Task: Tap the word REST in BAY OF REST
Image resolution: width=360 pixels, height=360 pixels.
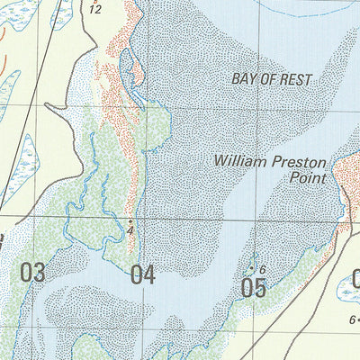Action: tap(295, 80)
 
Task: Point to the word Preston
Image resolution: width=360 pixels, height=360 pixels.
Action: tap(293, 161)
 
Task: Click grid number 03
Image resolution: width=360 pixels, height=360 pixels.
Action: tap(32, 273)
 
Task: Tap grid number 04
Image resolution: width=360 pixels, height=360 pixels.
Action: tap(142, 274)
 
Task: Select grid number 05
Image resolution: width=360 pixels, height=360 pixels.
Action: tap(255, 288)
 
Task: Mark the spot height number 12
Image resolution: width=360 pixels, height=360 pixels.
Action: tap(95, 9)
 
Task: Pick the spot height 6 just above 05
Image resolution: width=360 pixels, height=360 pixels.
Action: tap(262, 270)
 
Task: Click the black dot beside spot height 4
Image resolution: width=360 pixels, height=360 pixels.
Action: tap(131, 220)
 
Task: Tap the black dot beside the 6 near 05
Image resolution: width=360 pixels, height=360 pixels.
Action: tap(251, 267)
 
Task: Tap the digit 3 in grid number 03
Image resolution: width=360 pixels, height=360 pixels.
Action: tap(39, 273)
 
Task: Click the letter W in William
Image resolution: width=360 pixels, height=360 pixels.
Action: tap(220, 161)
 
